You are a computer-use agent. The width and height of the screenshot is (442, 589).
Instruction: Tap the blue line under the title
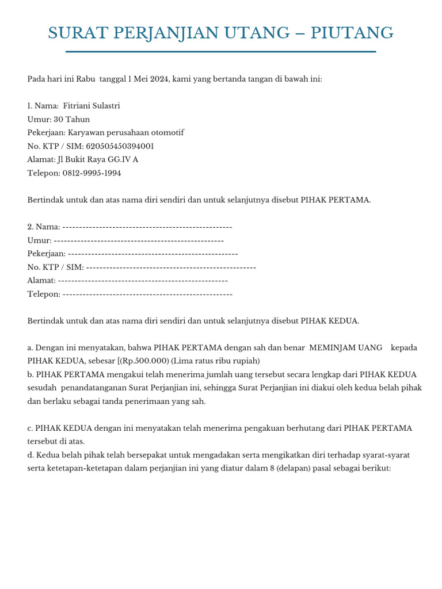pyautogui.click(x=221, y=52)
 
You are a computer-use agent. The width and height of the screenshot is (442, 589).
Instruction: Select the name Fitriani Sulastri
pyautogui.click(x=92, y=106)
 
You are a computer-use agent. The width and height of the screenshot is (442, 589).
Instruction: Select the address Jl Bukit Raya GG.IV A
pyautogui.click(x=98, y=159)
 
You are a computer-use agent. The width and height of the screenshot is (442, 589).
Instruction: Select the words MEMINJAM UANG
pyautogui.click(x=346, y=348)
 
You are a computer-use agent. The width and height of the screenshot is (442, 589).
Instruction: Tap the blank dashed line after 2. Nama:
pyautogui.click(x=147, y=227)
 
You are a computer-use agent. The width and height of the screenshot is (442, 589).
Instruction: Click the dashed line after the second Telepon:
pyautogui.click(x=147, y=294)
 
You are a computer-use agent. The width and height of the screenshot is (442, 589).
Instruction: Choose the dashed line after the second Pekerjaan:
pyautogui.click(x=153, y=254)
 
